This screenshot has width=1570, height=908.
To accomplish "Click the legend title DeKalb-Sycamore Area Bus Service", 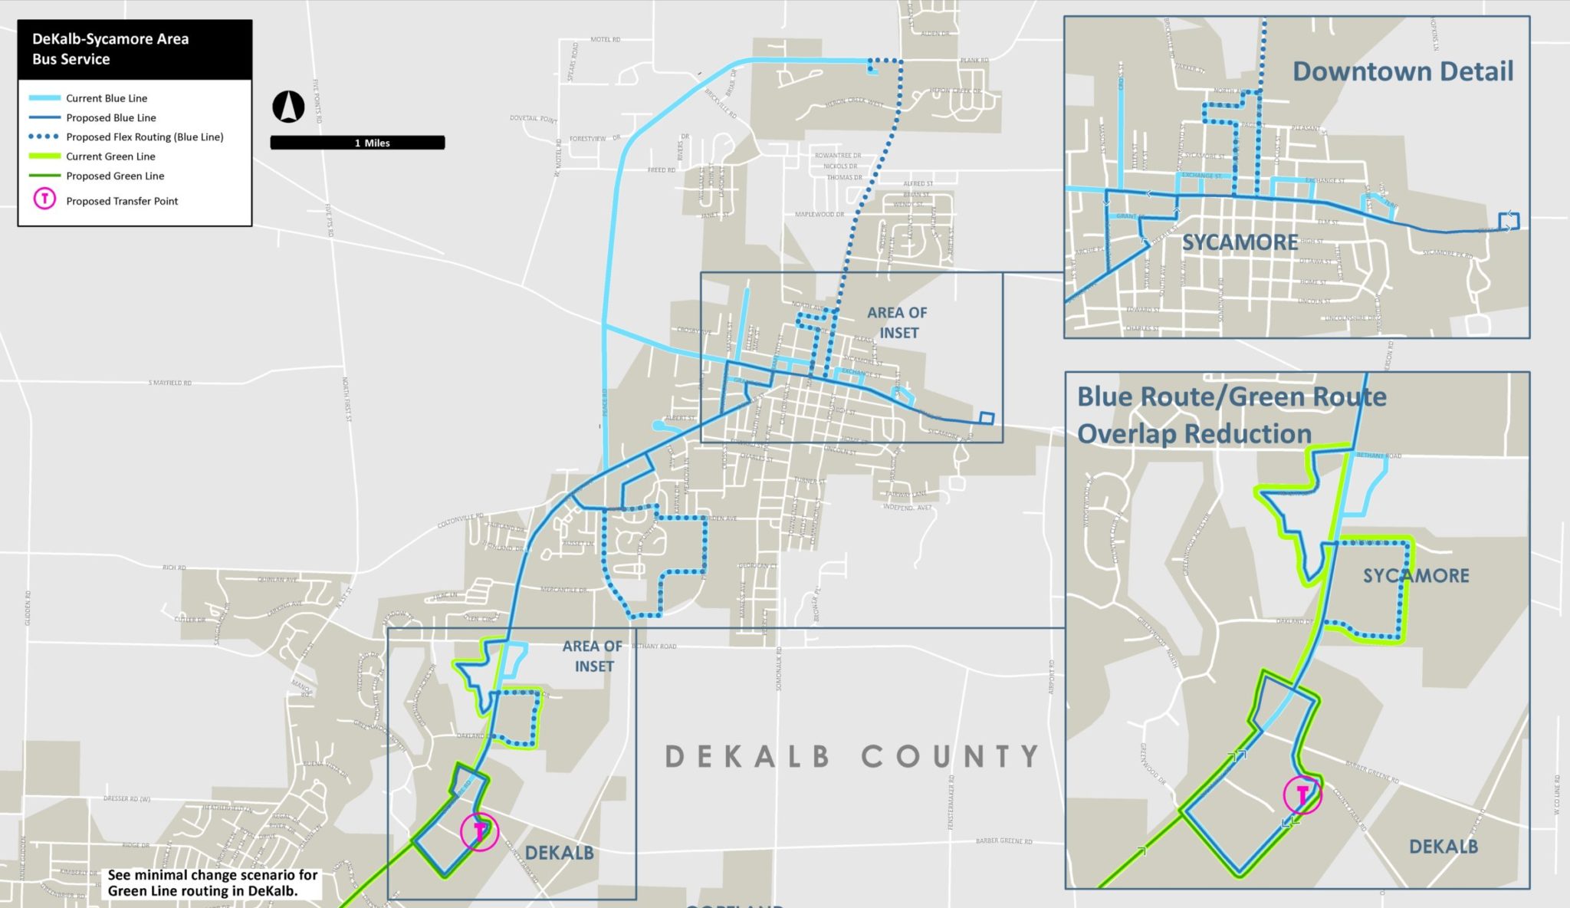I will point(110,49).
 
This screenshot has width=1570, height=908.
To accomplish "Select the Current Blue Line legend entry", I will point(106,98).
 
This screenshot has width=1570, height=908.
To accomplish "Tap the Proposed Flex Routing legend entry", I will point(144,137).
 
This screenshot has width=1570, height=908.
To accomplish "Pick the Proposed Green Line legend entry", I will point(115,176).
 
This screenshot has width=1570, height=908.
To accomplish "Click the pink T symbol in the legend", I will point(45,200).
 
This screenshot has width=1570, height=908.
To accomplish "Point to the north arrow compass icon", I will point(288,107).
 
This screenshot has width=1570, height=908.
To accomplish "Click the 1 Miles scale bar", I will point(357,143).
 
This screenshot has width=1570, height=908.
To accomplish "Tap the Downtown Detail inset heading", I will point(1402,71).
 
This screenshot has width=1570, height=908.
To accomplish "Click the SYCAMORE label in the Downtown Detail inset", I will point(1240,242).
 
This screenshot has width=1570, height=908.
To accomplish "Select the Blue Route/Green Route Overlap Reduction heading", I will point(1231,415).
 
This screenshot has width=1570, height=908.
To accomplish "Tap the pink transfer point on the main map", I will point(480,831).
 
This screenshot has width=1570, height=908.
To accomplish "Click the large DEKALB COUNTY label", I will point(851,756).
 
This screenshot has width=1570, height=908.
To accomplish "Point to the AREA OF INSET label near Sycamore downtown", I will point(898,323).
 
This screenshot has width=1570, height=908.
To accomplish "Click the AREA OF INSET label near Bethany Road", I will point(593,656).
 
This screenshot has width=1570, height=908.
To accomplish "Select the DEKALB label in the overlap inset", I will point(1443,847).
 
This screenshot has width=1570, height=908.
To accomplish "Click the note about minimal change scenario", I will point(212,883).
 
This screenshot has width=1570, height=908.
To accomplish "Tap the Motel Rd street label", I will point(605,39).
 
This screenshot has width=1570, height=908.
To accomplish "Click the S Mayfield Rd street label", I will point(170,382).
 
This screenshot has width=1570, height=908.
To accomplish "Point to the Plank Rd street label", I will point(974,60).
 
